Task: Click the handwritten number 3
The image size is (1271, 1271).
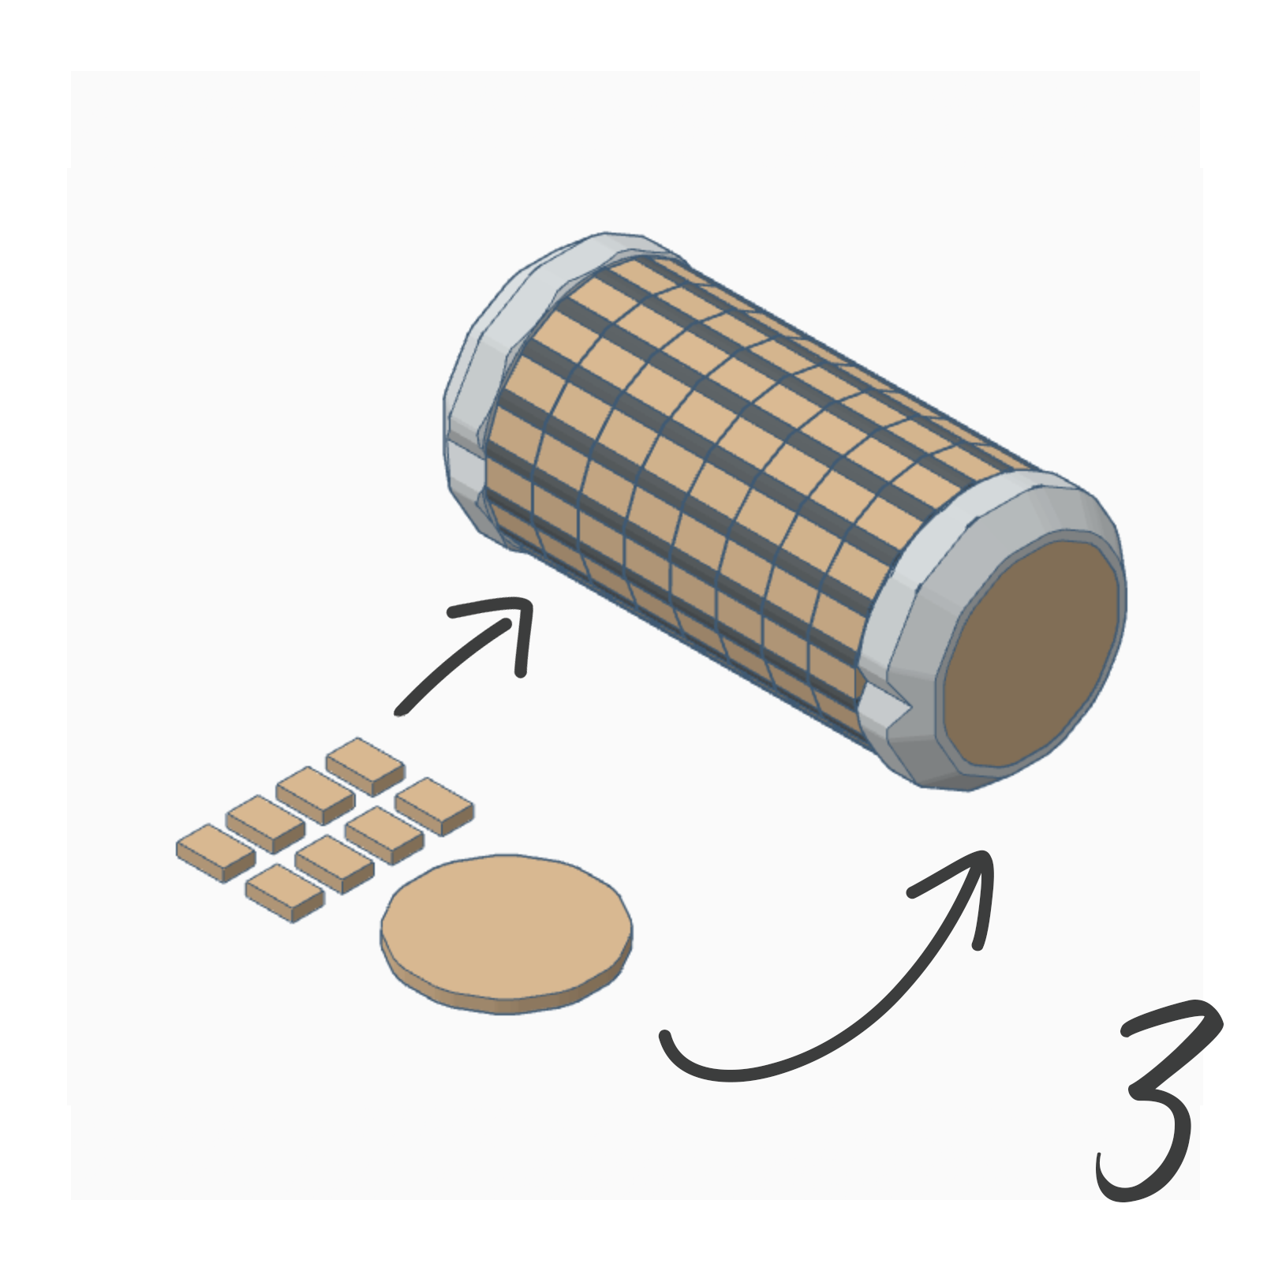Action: [x=1156, y=1105]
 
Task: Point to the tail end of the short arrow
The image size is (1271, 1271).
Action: [x=401, y=710]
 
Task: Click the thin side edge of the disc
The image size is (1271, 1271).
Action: [x=505, y=1006]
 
